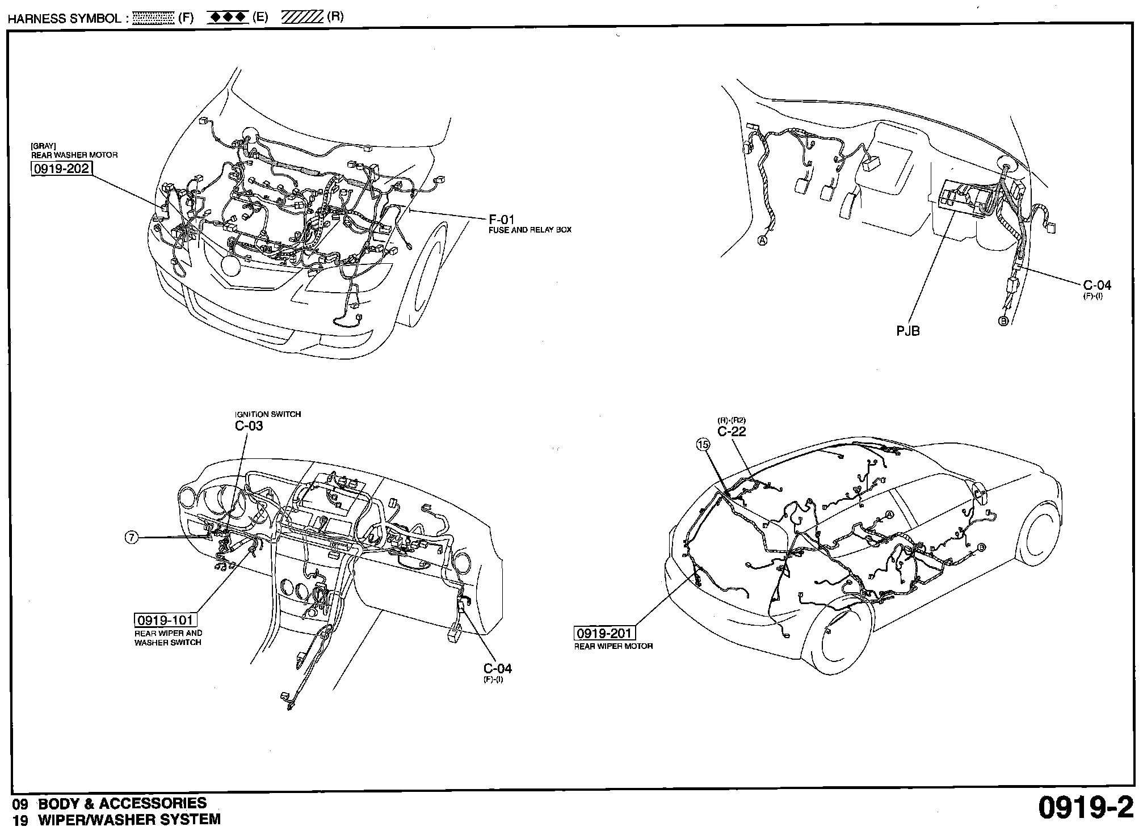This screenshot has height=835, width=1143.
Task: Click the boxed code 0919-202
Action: [x=62, y=168]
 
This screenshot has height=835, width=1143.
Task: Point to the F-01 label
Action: [x=502, y=220]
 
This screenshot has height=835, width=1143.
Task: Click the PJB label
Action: [x=908, y=330]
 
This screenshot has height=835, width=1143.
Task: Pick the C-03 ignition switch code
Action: [x=249, y=425]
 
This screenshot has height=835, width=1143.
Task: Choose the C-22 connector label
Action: [x=732, y=431]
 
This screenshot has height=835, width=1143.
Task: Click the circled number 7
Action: [x=131, y=537]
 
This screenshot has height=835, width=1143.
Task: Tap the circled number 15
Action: [x=703, y=445]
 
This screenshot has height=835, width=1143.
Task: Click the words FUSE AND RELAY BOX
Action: [x=530, y=230]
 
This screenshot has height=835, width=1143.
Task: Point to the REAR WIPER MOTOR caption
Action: [x=613, y=646]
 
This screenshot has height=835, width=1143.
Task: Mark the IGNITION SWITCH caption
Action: [x=268, y=414]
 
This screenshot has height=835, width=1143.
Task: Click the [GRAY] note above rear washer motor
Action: [x=43, y=146]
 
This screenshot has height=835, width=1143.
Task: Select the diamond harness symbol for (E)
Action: [x=228, y=18]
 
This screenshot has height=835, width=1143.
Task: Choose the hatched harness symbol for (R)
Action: [x=302, y=17]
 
